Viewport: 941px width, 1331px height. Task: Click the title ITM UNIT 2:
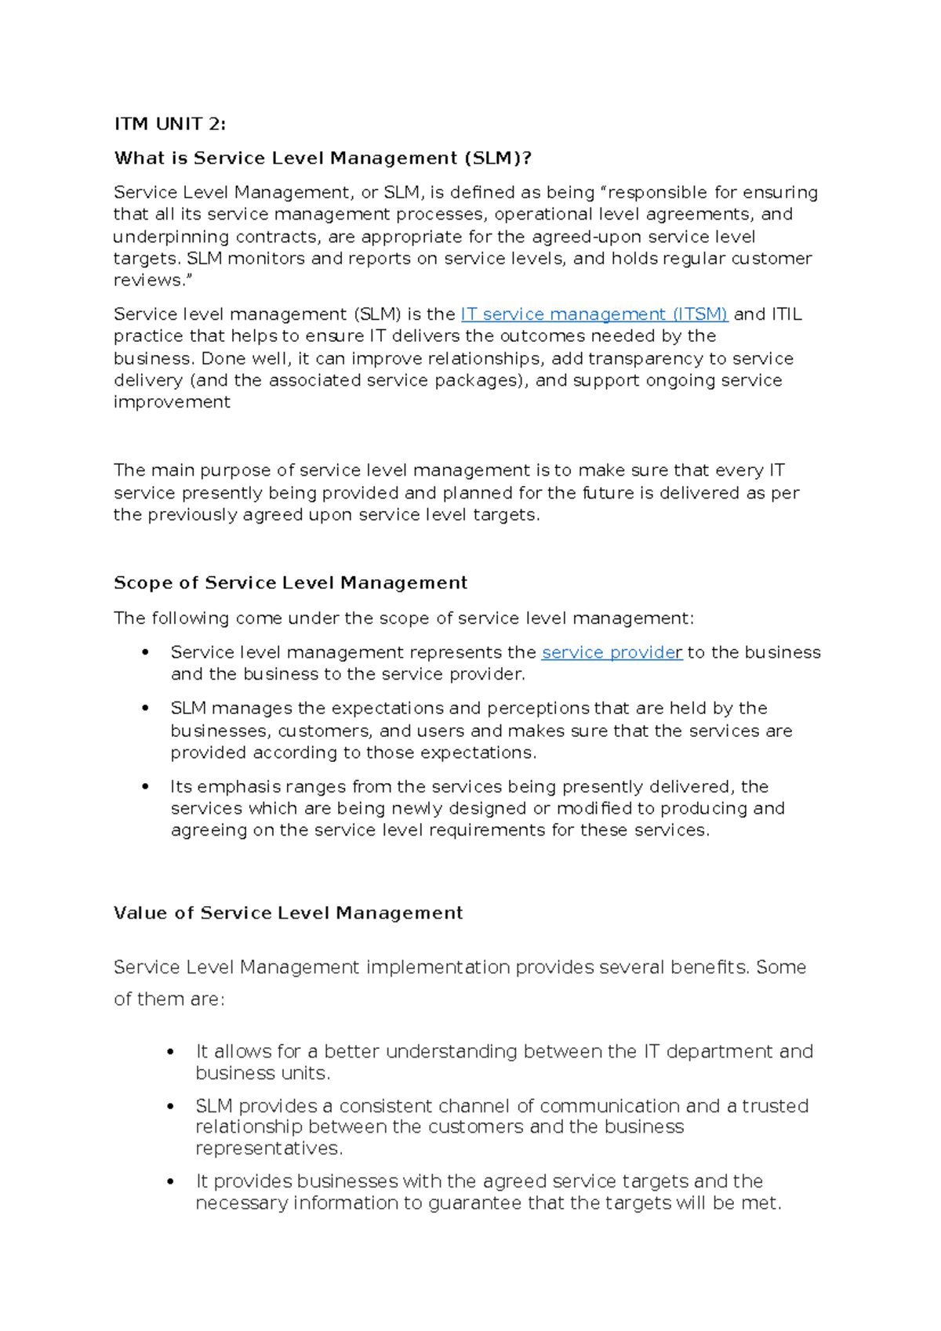(169, 124)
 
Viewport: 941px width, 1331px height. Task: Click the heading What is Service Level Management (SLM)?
(322, 158)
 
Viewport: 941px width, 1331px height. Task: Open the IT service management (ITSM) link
(594, 314)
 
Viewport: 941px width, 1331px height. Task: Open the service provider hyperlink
(612, 652)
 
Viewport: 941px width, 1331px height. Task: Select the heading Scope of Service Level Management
(290, 583)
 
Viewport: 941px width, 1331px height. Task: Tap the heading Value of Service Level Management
(288, 913)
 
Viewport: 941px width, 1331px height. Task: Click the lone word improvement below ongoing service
(172, 402)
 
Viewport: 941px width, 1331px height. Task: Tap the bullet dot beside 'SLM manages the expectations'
(145, 708)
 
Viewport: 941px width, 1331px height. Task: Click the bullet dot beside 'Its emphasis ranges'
(145, 786)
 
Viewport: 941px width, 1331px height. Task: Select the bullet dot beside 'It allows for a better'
(171, 1051)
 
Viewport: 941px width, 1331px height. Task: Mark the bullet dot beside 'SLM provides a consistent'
(171, 1106)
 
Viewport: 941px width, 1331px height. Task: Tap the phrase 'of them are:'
(169, 999)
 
